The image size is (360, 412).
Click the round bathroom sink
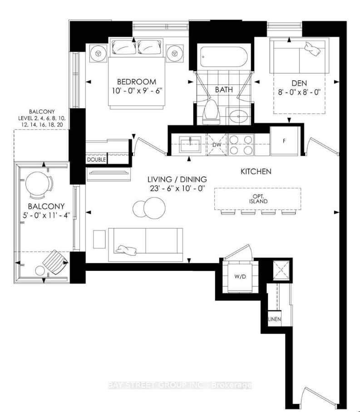[237, 116]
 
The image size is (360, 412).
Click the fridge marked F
[284, 140]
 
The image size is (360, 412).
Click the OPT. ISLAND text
[257, 199]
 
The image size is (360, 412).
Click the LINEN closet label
[274, 319]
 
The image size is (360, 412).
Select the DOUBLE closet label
[96, 160]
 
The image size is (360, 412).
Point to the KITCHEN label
[256, 172]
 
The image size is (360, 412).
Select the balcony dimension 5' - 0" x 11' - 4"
[44, 215]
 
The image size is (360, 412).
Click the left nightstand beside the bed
[97, 52]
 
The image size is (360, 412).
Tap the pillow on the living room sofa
[126, 248]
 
